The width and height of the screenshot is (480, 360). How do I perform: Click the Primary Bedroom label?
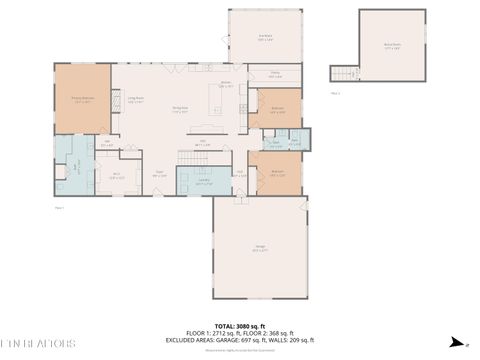81,99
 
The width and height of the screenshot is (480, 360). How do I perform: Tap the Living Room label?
134,99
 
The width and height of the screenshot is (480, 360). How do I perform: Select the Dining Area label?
180,109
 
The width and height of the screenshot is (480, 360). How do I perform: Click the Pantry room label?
274,75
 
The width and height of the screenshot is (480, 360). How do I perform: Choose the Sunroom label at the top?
265,38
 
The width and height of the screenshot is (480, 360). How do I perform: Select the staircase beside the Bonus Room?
344,74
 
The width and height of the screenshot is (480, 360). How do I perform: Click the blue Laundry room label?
203,183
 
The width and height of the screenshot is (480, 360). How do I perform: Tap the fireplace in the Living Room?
115,100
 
